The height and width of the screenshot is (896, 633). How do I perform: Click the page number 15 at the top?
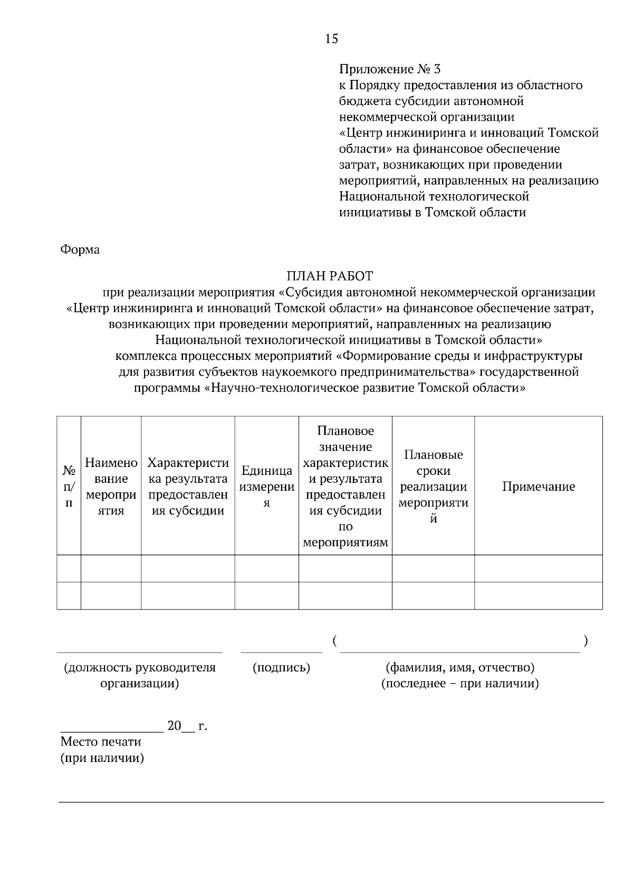(x=332, y=39)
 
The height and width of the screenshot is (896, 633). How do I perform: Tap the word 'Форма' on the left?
(x=80, y=250)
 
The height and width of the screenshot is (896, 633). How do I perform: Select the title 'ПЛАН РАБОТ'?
(x=330, y=276)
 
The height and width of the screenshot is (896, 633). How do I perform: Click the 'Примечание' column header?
(x=538, y=487)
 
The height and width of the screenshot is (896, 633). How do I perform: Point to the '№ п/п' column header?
(x=69, y=487)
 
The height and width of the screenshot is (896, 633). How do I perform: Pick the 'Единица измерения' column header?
(x=266, y=487)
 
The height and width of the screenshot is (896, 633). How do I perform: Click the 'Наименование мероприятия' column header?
(x=111, y=487)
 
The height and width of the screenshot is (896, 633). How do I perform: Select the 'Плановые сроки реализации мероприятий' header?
(x=433, y=487)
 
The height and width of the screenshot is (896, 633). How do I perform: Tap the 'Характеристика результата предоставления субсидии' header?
(x=188, y=487)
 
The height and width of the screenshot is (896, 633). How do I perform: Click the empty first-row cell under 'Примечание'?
(x=538, y=568)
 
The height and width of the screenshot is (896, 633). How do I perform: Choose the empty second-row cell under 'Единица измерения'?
(x=266, y=596)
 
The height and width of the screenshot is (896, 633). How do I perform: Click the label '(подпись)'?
(x=281, y=668)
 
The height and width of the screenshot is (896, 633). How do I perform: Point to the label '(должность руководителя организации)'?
(x=140, y=675)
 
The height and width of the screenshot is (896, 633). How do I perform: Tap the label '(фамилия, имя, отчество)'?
(x=460, y=668)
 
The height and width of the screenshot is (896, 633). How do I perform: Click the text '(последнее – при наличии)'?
(x=460, y=684)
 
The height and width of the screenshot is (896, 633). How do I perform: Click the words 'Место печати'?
(x=101, y=742)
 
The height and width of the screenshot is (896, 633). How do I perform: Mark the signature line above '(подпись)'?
(x=281, y=652)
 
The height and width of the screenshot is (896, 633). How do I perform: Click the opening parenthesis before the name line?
(x=335, y=641)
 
